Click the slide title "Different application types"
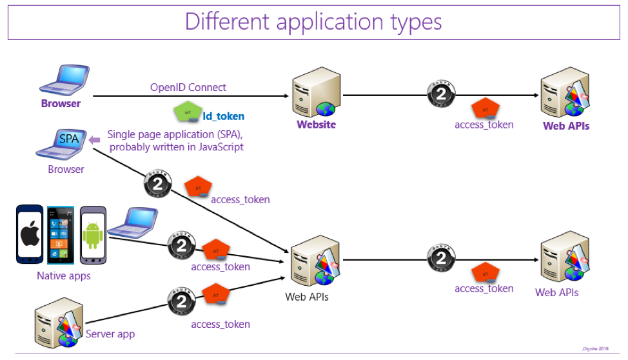[313, 21]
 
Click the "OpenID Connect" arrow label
[188, 87]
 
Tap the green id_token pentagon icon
[187, 112]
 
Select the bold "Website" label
[316, 125]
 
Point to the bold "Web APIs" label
[566, 126]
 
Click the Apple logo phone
[30, 235]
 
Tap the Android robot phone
[92, 235]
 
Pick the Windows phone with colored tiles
[61, 235]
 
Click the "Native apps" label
[64, 276]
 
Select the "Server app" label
[110, 334]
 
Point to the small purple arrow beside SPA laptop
[94, 140]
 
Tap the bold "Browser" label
[61, 103]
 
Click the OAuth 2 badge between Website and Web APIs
[440, 95]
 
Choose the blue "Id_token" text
[224, 116]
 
